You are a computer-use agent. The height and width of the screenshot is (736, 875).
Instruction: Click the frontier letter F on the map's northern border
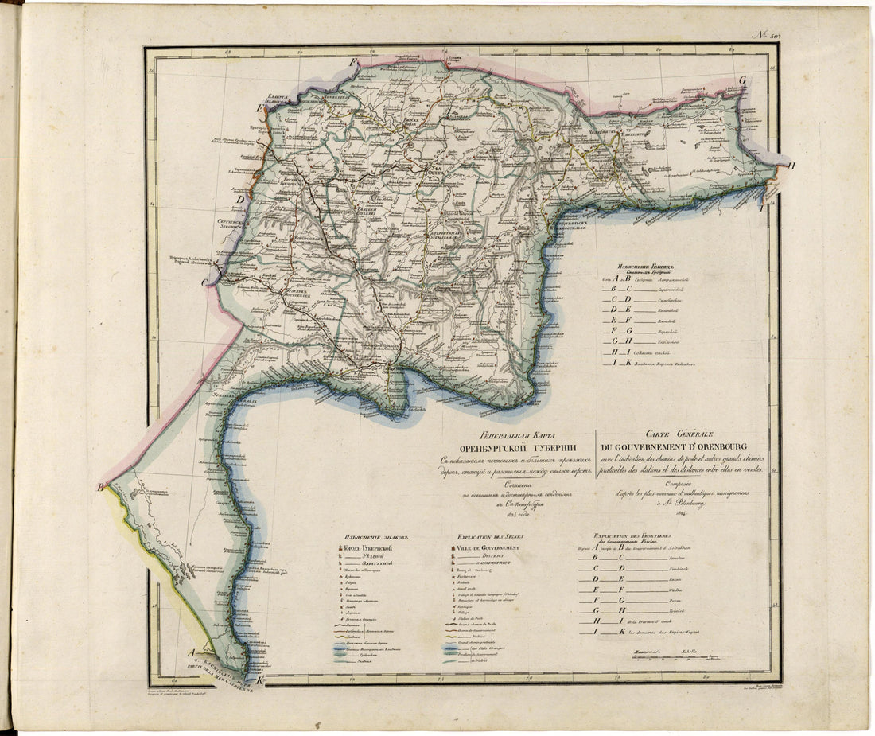pos(355,61)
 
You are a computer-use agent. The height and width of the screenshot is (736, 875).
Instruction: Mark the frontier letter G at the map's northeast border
pos(741,80)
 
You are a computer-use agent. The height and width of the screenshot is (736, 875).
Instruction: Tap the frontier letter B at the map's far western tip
pos(101,488)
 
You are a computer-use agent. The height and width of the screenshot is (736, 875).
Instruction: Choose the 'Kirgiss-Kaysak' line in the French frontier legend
pos(668,631)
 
